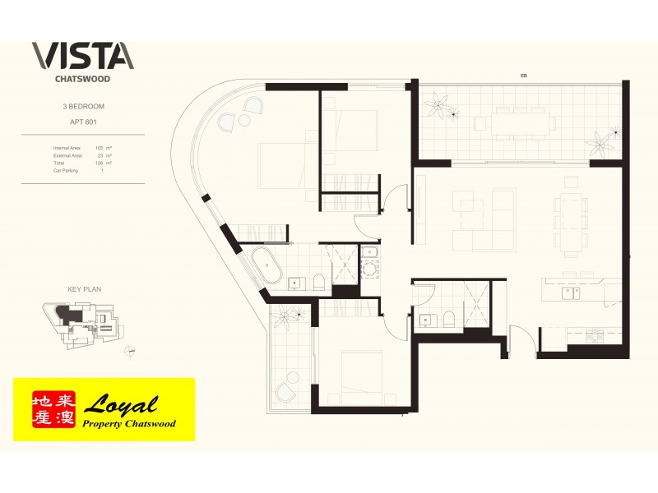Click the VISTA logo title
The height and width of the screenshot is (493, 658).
(x=81, y=55)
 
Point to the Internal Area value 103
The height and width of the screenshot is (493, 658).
(x=100, y=147)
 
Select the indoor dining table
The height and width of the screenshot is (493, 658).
(x=569, y=221)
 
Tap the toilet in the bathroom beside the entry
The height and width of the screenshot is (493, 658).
(x=448, y=320)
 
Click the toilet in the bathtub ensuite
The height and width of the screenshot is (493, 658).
(x=319, y=283)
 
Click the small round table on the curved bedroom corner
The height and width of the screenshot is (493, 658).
(x=243, y=120)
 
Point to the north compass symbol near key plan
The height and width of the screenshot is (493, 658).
(x=130, y=351)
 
